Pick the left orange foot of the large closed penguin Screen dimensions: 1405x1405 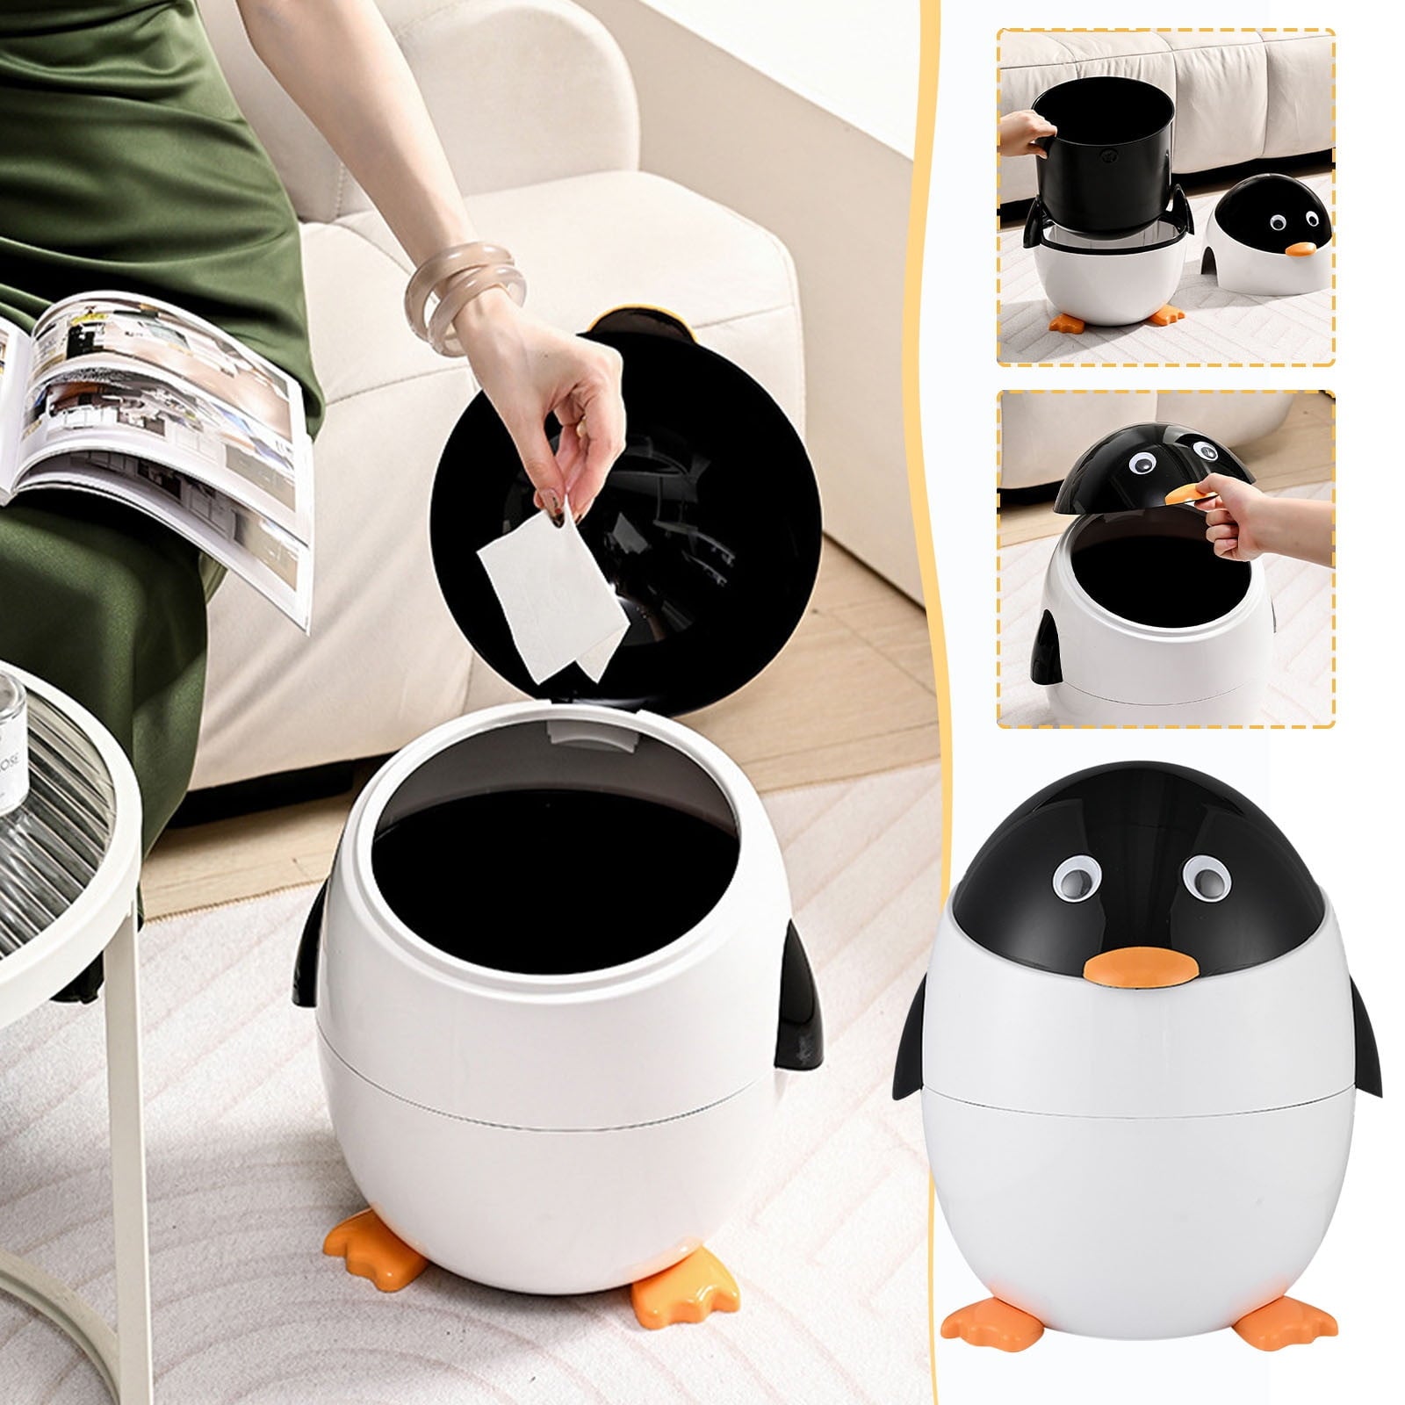[980, 1318]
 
